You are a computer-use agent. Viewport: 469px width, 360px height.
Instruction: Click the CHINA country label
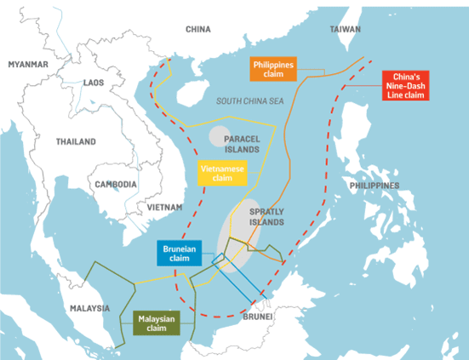coord(197,30)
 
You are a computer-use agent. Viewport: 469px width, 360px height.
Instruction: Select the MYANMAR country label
coord(29,65)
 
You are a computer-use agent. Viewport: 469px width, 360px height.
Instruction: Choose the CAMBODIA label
coord(117,184)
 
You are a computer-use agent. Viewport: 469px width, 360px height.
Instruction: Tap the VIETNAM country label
coord(164,207)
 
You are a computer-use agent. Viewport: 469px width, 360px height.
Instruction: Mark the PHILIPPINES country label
coord(373,185)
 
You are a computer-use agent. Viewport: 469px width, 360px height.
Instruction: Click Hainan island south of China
coord(193,91)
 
